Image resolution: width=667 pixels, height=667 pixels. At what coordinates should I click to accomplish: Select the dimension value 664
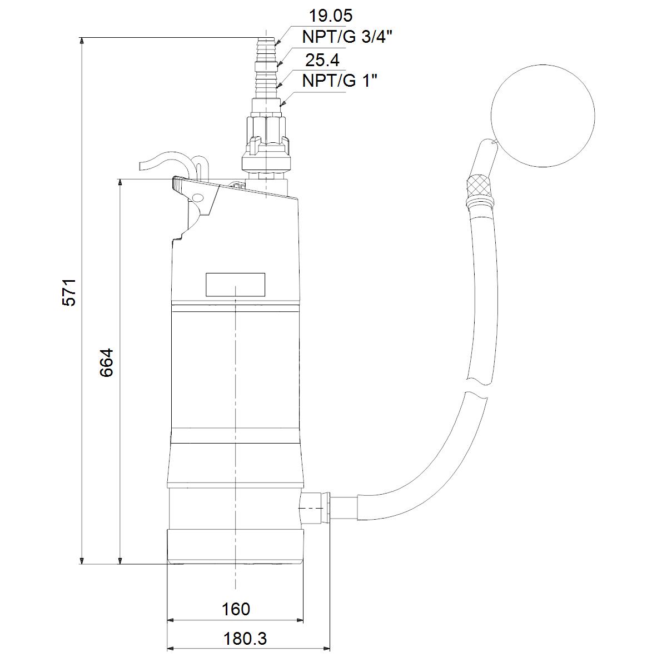point(106,362)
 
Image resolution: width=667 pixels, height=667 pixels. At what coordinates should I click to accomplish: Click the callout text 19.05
point(331,16)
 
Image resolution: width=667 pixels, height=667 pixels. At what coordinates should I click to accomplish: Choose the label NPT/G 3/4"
point(347,37)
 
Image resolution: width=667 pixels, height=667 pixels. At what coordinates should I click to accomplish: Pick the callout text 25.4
point(322,60)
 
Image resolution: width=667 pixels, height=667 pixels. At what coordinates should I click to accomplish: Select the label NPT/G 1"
point(340,81)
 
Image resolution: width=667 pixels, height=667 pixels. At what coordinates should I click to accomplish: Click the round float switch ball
point(542,116)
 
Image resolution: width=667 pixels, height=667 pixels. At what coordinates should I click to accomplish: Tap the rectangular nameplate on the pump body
point(235,285)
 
